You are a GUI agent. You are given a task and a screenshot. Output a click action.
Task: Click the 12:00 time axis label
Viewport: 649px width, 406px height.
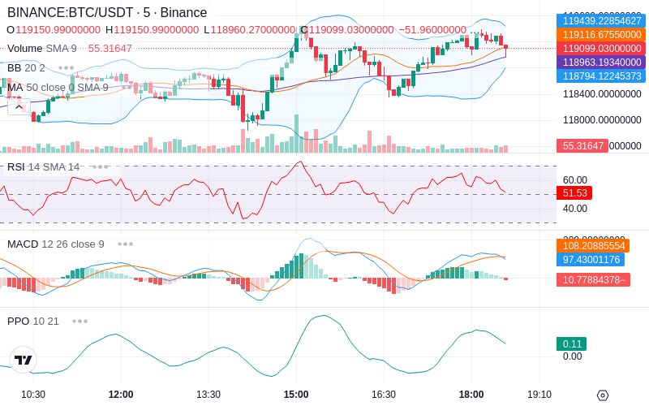point(121,394)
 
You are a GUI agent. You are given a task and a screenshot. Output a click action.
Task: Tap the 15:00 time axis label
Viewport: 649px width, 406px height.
point(296,394)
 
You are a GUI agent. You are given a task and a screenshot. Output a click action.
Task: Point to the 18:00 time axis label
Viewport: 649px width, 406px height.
point(471,394)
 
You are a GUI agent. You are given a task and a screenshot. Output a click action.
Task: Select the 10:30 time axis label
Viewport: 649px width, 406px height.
point(33,394)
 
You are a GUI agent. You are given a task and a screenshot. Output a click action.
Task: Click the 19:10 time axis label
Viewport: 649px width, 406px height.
point(539,394)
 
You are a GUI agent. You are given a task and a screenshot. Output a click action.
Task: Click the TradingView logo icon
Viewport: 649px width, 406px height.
point(24,360)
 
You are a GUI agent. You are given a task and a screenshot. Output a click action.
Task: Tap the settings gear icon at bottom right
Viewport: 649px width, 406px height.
point(603,395)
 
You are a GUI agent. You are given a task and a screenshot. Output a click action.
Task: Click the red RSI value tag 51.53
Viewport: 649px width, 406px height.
point(574,193)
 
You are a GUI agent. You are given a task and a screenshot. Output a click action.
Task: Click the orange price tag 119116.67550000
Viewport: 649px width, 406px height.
point(601,35)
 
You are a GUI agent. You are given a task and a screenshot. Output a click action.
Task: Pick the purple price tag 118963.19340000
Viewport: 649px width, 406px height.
point(601,62)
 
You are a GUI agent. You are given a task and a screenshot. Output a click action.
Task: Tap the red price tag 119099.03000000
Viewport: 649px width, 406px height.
point(601,49)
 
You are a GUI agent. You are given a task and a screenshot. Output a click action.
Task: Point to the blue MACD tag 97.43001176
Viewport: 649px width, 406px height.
point(591,259)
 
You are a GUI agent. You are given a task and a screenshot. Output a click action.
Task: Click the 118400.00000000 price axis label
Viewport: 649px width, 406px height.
point(602,94)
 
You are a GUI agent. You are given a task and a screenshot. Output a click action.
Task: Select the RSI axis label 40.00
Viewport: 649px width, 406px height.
point(574,209)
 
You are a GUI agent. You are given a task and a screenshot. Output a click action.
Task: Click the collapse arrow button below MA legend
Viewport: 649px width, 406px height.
point(19,106)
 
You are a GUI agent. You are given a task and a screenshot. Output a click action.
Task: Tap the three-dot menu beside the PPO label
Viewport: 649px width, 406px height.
point(80,321)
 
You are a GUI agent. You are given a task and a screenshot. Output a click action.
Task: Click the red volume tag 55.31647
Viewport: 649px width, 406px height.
point(581,146)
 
